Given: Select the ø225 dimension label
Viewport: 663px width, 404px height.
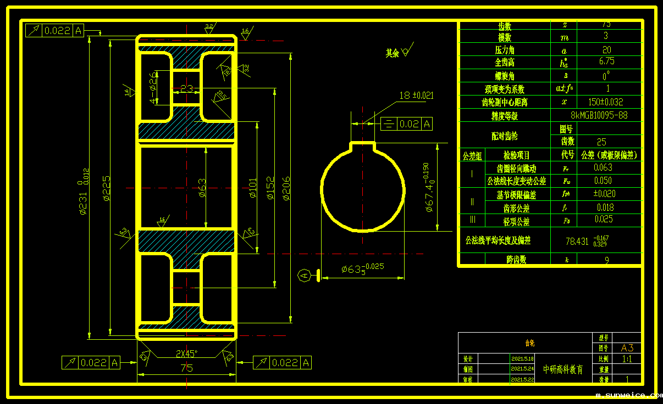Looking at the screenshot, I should [x=107, y=188].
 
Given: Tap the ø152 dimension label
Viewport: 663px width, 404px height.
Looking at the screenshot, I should [x=270, y=188].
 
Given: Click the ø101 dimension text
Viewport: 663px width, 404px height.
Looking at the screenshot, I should [x=253, y=188].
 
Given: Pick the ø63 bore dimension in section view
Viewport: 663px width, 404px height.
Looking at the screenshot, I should [x=202, y=188].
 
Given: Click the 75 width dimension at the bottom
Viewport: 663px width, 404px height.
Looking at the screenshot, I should [x=186, y=368].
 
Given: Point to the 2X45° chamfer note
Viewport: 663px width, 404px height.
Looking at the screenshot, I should [x=186, y=353].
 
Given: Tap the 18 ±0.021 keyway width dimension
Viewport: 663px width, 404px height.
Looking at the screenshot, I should [x=416, y=96].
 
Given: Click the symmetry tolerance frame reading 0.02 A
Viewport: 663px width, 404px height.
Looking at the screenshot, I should [x=407, y=124].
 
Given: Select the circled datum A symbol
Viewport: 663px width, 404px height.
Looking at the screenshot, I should [x=304, y=275].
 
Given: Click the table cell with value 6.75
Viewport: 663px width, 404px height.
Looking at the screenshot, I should [x=606, y=61].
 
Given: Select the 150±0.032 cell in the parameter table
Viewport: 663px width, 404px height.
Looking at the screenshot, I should [x=606, y=102].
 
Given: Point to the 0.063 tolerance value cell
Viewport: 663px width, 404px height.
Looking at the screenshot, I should [x=603, y=168].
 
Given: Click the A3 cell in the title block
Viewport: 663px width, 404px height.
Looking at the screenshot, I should [x=627, y=348].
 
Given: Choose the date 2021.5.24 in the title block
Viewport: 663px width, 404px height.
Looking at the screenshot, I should [x=522, y=369].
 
